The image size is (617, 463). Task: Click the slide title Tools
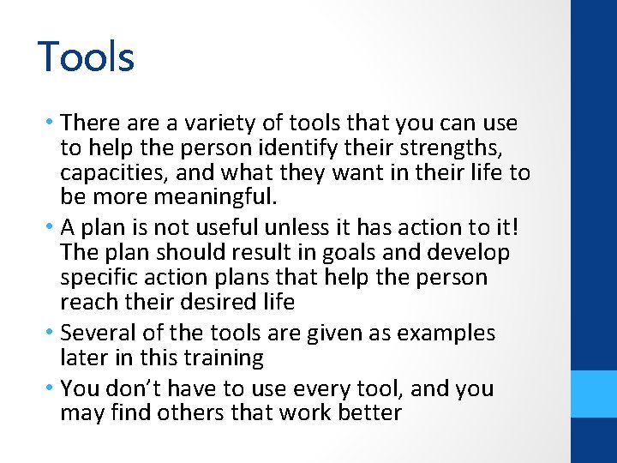click(x=87, y=57)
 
